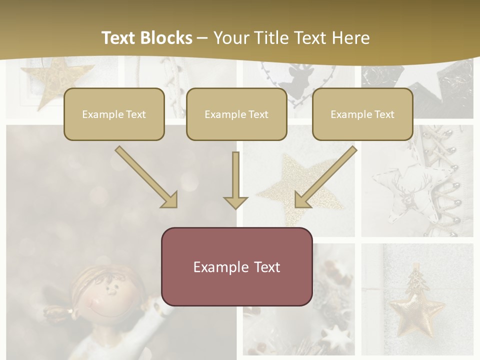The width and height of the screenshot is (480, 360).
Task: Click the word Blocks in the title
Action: [x=167, y=38]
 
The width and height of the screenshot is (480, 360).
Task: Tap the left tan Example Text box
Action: [x=114, y=114]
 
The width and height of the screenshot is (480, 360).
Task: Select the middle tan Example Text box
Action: [x=236, y=114]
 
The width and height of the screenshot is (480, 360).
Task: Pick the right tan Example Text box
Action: [x=362, y=114]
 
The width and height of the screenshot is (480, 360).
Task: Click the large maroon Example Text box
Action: [x=236, y=266]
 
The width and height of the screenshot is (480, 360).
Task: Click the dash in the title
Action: [x=202, y=38]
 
